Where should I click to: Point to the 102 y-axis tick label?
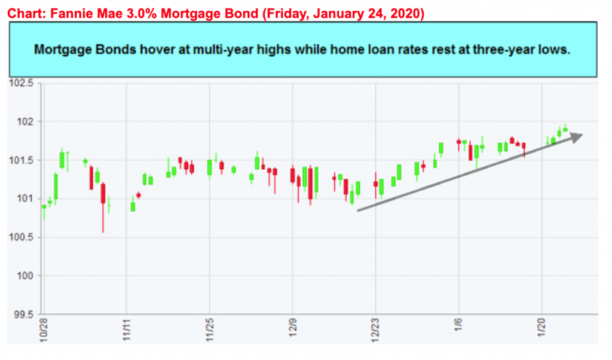[26, 122]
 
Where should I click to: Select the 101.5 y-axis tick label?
[22, 160]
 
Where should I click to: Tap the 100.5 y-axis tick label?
[22, 237]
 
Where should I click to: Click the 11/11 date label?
[127, 328]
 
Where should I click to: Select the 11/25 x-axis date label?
[210, 328]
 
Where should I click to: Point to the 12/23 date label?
[375, 328]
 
